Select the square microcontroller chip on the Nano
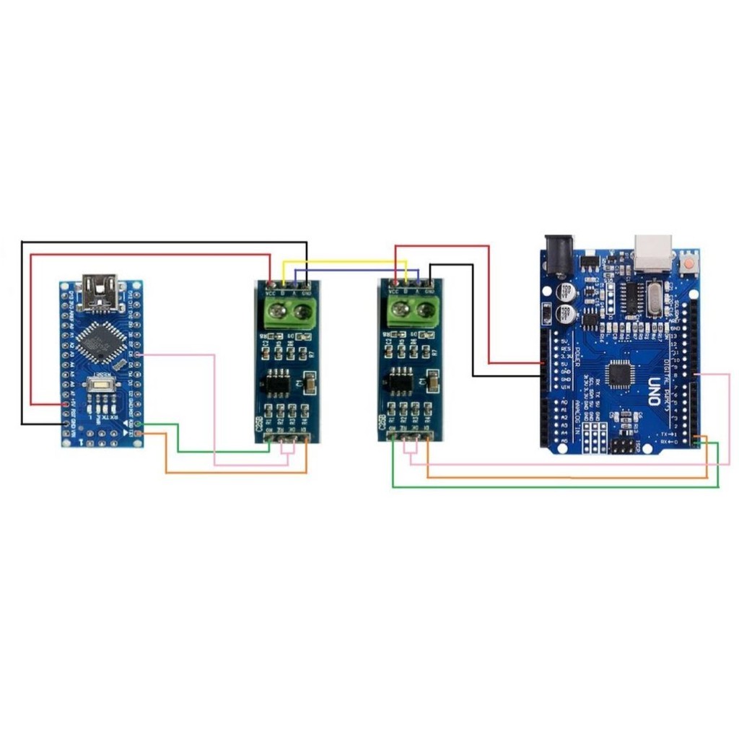click(99, 342)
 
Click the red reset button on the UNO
click(691, 263)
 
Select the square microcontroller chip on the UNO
click(618, 374)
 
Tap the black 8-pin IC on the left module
click(276, 382)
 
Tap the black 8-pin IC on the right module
click(399, 381)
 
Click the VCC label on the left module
click(271, 292)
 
